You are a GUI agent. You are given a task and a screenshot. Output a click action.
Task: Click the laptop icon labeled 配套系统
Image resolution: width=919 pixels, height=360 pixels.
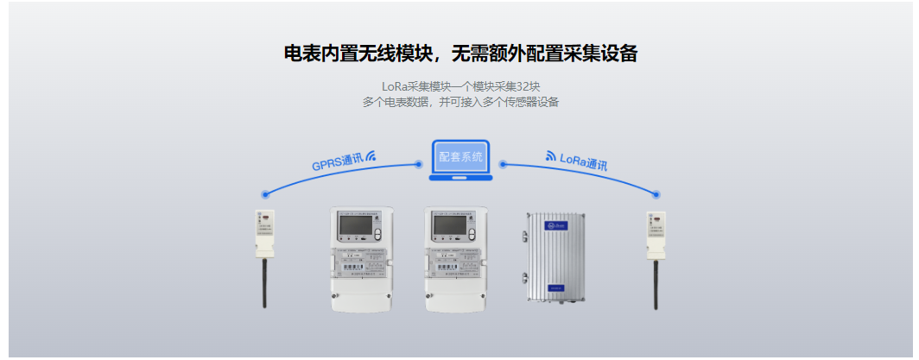[x=460, y=159]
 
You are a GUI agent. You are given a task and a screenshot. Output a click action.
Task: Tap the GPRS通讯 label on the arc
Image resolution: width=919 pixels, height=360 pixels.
[x=337, y=161]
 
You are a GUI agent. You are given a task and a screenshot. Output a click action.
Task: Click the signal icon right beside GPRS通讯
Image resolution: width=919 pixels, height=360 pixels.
[x=371, y=155]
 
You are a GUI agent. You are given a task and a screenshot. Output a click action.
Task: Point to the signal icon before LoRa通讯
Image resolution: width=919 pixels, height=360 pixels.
[x=551, y=156]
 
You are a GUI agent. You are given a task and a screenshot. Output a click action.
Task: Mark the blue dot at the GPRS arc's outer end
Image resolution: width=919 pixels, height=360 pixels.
[x=265, y=194]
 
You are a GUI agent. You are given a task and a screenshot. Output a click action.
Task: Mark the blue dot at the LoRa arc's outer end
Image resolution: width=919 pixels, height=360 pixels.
[x=656, y=194]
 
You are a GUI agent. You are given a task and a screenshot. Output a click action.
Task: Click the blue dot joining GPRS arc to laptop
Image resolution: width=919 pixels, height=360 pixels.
[x=419, y=163]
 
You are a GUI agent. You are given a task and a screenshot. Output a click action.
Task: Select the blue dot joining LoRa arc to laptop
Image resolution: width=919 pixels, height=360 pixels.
[x=503, y=163]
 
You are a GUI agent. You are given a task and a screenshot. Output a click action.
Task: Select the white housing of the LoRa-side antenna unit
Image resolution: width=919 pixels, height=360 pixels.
[x=656, y=234]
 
